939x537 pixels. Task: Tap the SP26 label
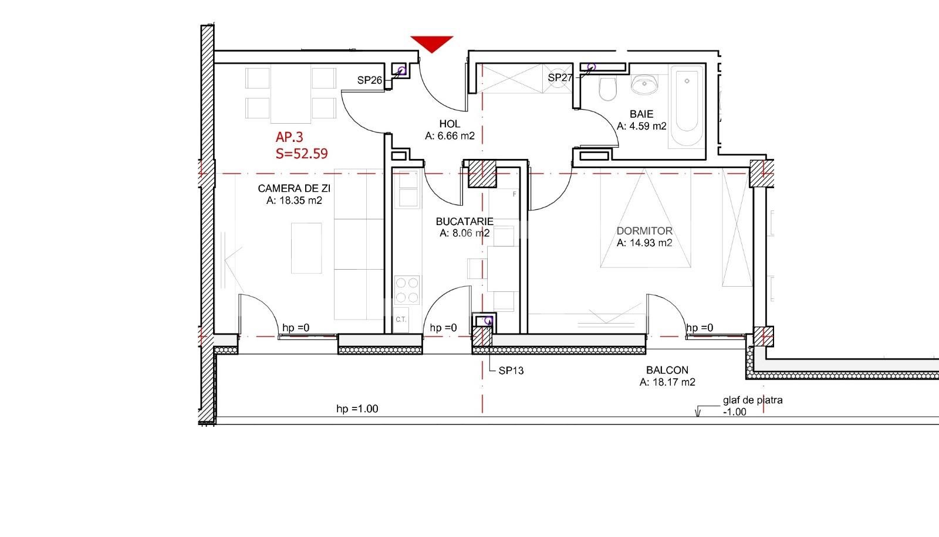pyautogui.click(x=370, y=80)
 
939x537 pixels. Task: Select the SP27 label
pyautogui.click(x=560, y=77)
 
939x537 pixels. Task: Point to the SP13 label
pyautogui.click(x=511, y=371)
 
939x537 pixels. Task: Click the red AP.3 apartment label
pyautogui.click(x=289, y=137)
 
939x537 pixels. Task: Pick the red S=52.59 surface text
pyautogui.click(x=302, y=154)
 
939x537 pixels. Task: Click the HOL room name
pyautogui.click(x=450, y=124)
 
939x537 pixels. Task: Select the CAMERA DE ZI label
pyautogui.click(x=294, y=188)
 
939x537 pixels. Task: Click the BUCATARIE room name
pyautogui.click(x=464, y=222)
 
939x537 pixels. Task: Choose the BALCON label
pyautogui.click(x=667, y=370)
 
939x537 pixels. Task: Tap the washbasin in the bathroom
pyautogui.click(x=645, y=84)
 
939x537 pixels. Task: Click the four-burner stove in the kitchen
pyautogui.click(x=407, y=290)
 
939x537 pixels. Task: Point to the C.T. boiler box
pyautogui.click(x=401, y=320)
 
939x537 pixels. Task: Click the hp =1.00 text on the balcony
pyautogui.click(x=357, y=409)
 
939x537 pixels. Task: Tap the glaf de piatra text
pyautogui.click(x=752, y=400)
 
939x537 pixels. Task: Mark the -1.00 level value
pyautogui.click(x=734, y=412)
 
